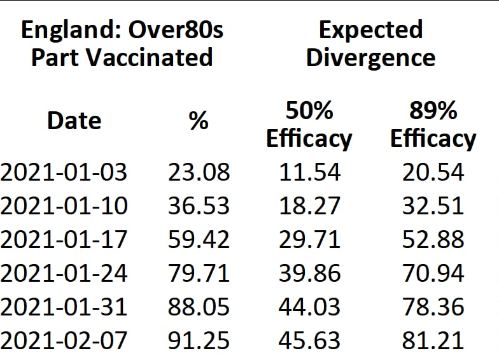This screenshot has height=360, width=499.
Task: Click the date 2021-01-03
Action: click(64, 172)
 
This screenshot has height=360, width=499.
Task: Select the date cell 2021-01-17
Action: click(64, 240)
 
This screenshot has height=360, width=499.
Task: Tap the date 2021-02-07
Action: click(64, 340)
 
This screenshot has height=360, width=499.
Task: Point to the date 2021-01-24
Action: click(64, 273)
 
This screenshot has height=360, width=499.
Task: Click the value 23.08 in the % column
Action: click(199, 172)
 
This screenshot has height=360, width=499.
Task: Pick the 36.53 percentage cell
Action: click(199, 206)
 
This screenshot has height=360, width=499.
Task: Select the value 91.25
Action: click(199, 340)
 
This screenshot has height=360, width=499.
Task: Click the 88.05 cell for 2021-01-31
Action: click(199, 307)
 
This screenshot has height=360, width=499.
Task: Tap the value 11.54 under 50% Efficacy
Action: click(309, 172)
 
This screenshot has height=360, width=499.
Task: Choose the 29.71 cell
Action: click(309, 240)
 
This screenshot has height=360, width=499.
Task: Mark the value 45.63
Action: click(309, 340)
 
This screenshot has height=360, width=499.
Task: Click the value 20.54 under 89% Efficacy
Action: click(433, 172)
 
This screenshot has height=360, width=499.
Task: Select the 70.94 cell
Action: click(433, 273)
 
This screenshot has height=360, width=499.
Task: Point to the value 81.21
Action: click(433, 340)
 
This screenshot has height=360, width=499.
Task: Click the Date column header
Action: click(74, 121)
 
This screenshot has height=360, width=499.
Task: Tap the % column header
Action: click(199, 121)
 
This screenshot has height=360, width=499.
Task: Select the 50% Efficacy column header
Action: click(309, 125)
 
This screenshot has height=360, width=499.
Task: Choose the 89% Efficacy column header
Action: click(433, 125)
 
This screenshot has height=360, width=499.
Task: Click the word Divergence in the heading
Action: click(370, 58)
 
